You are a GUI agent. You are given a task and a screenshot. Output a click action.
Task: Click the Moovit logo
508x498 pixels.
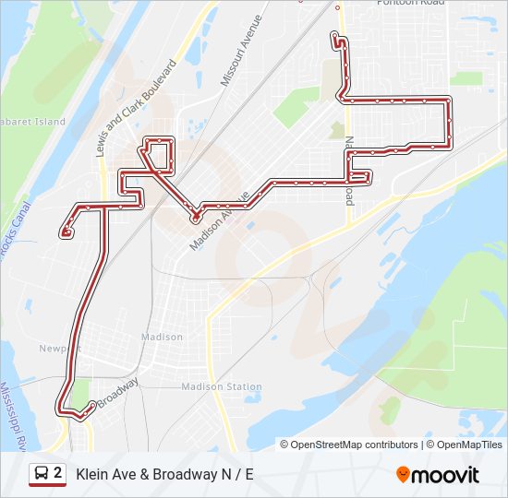(x=438, y=475)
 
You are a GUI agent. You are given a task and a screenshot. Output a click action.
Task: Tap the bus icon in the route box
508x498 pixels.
(x=42, y=474)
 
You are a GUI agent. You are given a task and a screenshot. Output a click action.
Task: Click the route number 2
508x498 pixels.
(x=58, y=474)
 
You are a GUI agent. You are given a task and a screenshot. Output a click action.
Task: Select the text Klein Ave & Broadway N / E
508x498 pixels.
(x=164, y=475)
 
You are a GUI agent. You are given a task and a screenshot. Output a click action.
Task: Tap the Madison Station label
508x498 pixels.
(x=222, y=386)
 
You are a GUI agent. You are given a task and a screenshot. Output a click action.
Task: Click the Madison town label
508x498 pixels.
(x=162, y=337)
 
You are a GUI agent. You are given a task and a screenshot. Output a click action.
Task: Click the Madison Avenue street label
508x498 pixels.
(x=220, y=221)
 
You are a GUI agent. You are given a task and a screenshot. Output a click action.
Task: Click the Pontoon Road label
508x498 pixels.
(x=410, y=3)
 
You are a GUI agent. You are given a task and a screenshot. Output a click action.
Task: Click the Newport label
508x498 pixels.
(x=60, y=348)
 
